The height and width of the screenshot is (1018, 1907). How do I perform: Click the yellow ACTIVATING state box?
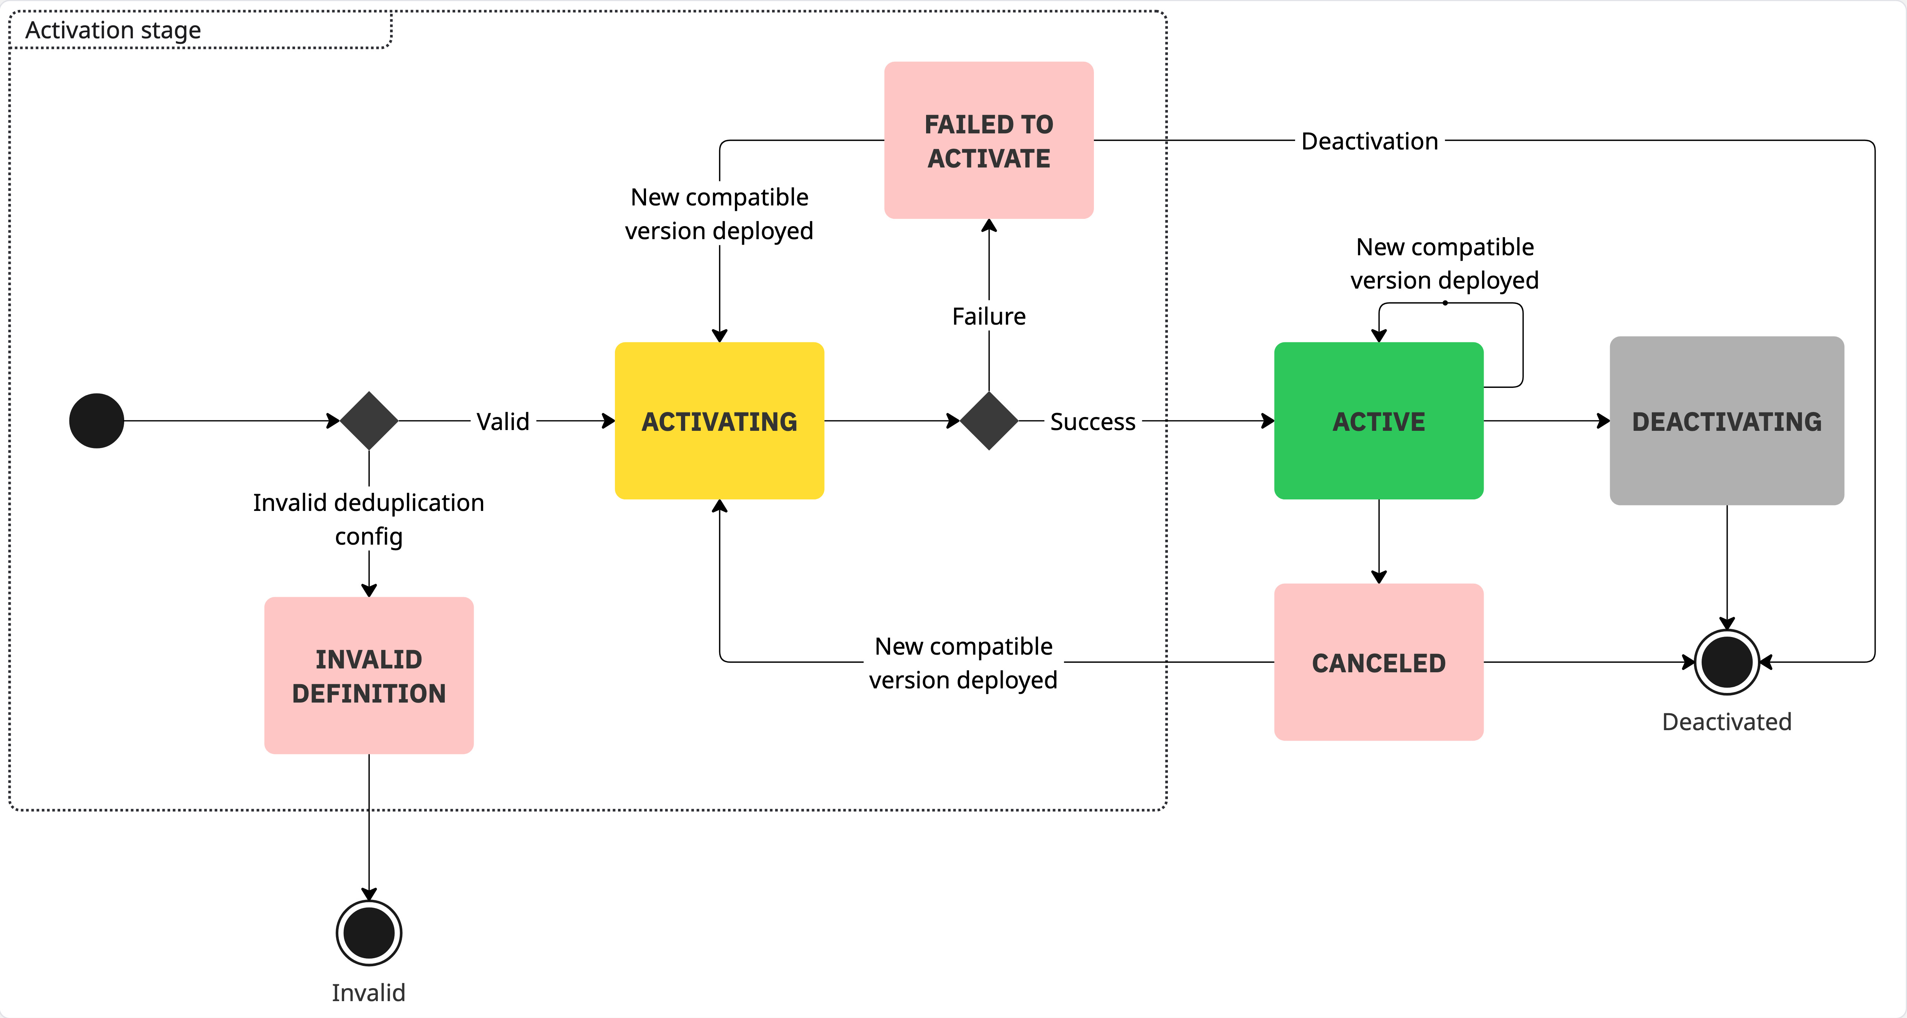719,420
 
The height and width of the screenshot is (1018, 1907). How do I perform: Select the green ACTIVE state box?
1379,420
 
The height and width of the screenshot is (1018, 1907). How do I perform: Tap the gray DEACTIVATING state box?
1727,420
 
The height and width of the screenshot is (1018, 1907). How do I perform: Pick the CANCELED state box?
1379,662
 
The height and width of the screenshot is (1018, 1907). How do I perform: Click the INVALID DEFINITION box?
369,675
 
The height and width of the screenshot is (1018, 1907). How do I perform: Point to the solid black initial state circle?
96,420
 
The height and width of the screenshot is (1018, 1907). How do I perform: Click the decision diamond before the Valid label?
369,420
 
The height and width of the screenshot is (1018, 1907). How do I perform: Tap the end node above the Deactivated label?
1727,662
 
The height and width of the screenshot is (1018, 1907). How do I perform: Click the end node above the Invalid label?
369,933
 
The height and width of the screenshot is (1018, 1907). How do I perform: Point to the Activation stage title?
113,30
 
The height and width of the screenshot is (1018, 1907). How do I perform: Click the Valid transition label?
503,421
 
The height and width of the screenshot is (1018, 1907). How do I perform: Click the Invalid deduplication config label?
369,519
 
